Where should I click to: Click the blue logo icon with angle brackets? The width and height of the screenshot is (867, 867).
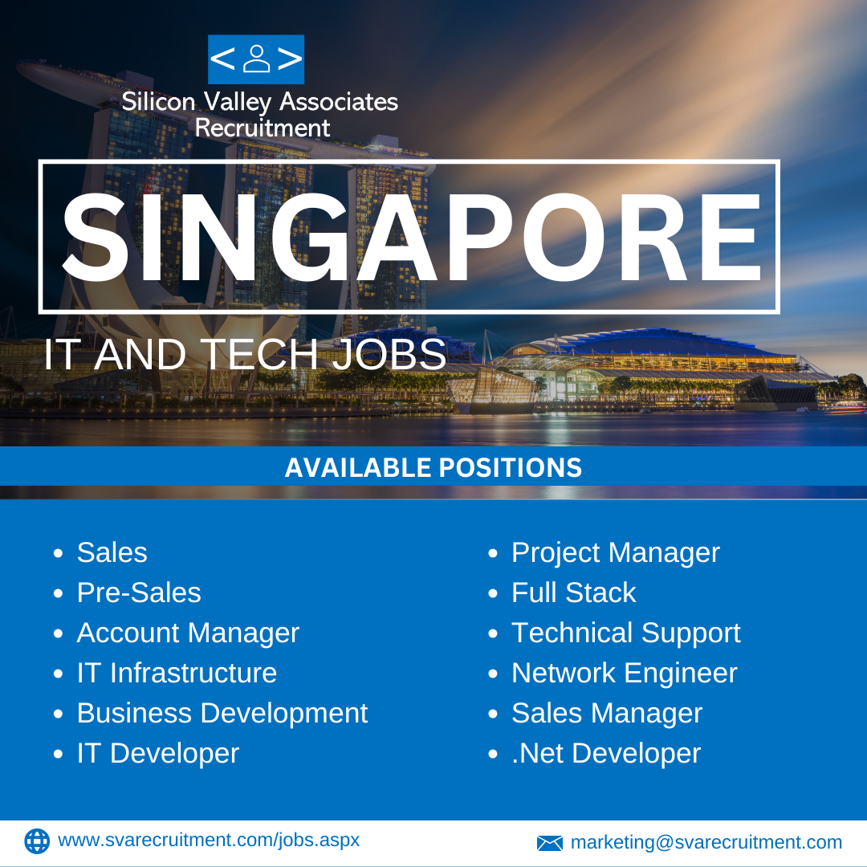coord(256,59)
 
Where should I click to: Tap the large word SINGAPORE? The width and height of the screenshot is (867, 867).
coord(412,238)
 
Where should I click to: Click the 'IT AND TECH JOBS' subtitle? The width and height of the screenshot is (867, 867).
coord(245,354)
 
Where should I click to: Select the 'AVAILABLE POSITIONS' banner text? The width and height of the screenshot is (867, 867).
coord(433,467)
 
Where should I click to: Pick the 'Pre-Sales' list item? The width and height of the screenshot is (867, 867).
coord(139,592)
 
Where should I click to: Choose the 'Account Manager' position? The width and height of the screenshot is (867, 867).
coord(188,633)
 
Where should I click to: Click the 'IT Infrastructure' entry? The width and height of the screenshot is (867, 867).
coord(177,673)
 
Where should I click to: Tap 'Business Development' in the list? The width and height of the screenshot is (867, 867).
coord(222,714)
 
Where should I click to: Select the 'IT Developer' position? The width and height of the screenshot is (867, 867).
coord(158,754)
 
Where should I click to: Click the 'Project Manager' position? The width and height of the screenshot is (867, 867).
coord(616,553)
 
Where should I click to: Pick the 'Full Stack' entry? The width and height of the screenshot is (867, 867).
coord(574,592)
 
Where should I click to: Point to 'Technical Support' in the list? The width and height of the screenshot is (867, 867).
coord(626,633)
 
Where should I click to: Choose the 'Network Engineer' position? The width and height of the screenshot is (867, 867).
coord(625,674)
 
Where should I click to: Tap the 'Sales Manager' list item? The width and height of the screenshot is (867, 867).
coord(607,714)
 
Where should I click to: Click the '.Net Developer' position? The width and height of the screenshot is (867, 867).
coord(606,754)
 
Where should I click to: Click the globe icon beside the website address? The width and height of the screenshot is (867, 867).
coord(37,841)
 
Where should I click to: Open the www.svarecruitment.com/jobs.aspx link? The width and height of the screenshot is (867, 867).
coord(209,841)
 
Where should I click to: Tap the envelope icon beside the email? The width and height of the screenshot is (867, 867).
coord(550,843)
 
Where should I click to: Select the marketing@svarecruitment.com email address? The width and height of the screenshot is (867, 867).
coord(706,843)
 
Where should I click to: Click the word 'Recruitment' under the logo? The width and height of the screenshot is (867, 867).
coord(263,128)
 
